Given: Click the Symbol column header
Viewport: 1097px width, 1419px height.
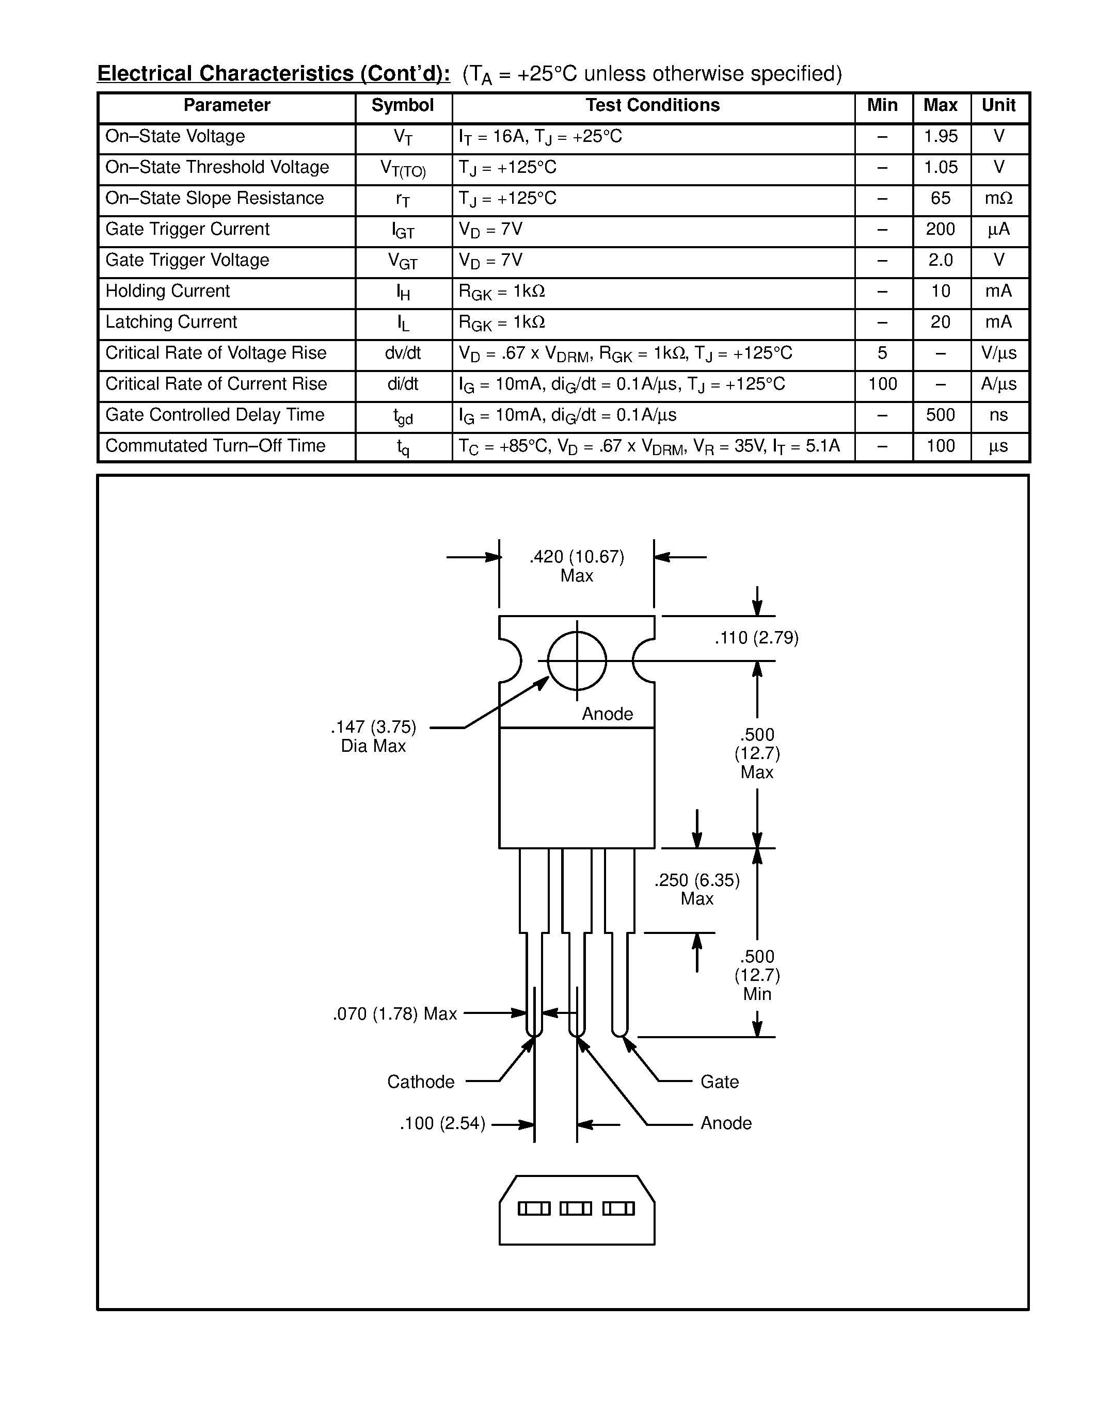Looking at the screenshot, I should tap(402, 105).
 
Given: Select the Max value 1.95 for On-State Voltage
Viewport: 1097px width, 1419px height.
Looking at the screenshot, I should tap(941, 136).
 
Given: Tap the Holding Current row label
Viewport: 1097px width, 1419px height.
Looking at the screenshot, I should tap(168, 291).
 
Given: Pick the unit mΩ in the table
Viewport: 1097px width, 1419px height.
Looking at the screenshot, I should tap(998, 198).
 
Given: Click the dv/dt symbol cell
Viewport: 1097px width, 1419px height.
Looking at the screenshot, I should tap(402, 353).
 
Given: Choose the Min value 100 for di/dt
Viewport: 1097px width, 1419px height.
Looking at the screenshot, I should tap(882, 384).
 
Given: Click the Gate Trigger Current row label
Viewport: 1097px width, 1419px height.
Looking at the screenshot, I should tap(187, 229).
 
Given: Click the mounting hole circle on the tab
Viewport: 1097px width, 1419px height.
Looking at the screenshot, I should tap(577, 661).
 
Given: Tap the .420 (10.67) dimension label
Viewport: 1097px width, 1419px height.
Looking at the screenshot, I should tap(577, 557).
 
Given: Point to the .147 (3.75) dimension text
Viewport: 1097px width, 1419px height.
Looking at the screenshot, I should tap(373, 727).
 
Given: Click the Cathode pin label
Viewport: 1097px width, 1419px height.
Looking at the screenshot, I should tap(420, 1082).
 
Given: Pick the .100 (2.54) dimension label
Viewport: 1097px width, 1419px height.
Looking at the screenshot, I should tap(442, 1123).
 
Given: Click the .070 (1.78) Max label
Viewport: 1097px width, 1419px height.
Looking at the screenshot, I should tap(394, 1013).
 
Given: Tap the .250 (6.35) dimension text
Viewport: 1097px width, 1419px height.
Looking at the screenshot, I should tap(697, 880).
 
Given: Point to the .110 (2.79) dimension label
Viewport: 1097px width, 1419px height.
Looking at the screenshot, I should tap(756, 638).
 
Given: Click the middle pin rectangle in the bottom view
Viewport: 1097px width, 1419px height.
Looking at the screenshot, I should tap(576, 1208).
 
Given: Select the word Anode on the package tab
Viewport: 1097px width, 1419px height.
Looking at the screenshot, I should tap(607, 714).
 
